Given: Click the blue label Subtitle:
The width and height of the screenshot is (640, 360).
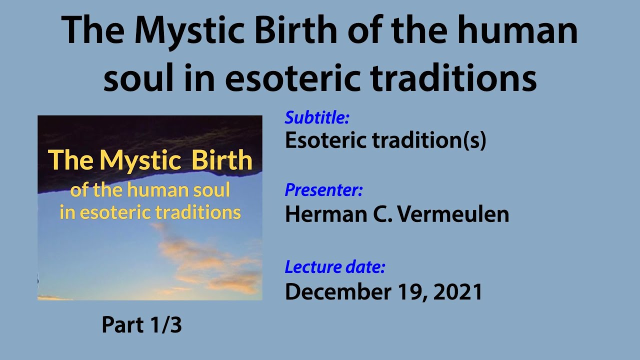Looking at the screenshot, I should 317,118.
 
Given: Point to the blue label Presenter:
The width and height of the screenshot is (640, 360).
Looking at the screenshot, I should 323,190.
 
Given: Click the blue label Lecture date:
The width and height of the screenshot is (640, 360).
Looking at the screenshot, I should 335,267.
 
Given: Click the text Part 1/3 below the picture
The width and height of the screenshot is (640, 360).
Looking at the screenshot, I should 141,325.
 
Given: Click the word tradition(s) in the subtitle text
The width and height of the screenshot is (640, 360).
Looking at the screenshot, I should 429,141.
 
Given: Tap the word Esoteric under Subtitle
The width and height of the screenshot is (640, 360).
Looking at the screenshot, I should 325,141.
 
